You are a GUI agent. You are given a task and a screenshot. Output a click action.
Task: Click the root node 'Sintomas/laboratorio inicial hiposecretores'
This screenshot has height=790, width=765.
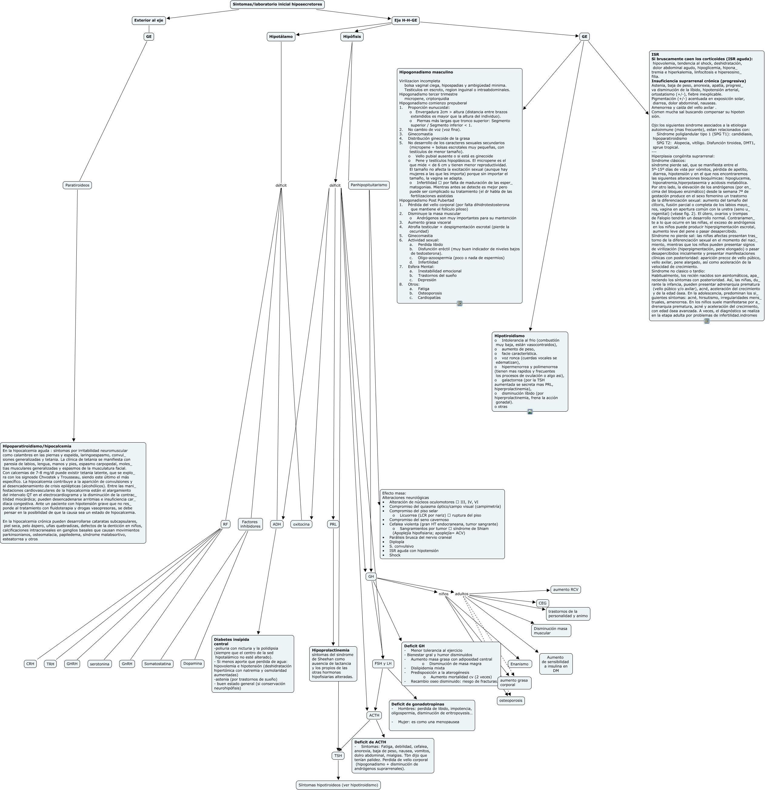tap(277, 5)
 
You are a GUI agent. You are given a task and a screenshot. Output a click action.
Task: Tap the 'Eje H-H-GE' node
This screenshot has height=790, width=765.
tap(405, 20)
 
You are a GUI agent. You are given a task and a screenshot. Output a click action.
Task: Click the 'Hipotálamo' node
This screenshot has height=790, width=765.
tap(281, 37)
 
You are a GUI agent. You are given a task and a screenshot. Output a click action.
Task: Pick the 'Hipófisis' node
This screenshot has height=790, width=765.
tap(352, 37)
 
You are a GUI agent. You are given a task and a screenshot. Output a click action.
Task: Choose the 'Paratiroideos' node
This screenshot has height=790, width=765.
tap(77, 186)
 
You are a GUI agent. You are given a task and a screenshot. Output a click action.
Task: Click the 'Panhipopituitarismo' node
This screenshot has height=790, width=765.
tap(369, 186)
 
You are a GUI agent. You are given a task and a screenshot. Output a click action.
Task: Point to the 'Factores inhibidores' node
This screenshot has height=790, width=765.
tap(250, 524)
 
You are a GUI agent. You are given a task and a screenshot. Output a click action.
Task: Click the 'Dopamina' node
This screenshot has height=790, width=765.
tap(192, 664)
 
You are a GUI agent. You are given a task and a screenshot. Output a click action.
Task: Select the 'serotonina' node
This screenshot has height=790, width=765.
tap(99, 664)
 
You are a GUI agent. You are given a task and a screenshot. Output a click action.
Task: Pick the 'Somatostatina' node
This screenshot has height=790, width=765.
tap(158, 664)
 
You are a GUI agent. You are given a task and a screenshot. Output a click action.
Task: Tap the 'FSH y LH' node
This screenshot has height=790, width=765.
tap(383, 664)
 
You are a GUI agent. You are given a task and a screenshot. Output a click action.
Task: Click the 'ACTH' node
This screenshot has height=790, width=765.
tap(374, 715)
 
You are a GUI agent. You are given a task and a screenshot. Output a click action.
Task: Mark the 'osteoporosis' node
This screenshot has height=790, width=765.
tap(511, 701)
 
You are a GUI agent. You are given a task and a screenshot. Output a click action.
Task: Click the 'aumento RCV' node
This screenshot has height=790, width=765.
tap(565, 590)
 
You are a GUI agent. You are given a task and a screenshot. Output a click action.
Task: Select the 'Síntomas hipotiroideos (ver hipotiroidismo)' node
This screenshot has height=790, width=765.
tap(338, 785)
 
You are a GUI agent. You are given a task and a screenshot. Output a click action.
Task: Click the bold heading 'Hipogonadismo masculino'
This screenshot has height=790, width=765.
tap(426, 72)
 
